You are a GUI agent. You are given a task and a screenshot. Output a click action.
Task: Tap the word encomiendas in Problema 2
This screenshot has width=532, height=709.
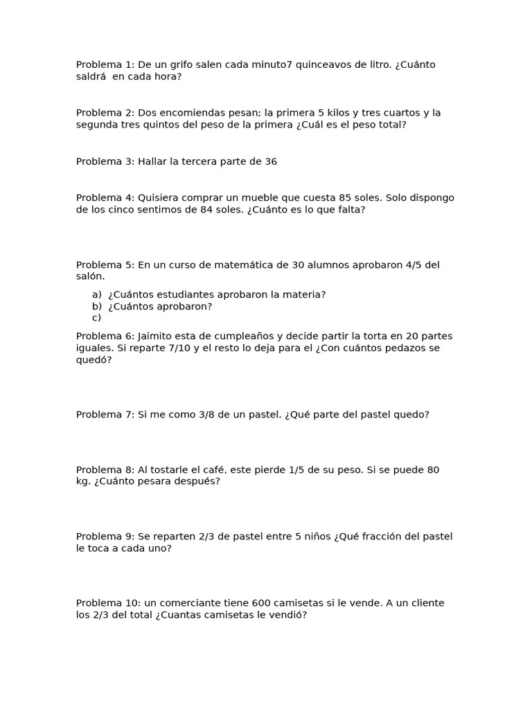(195, 113)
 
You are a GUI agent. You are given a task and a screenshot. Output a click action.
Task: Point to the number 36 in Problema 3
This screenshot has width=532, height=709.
(271, 161)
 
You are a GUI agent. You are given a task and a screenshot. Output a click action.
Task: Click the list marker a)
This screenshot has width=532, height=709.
(97, 295)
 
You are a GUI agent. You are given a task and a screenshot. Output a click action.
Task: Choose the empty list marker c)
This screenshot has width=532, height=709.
(97, 318)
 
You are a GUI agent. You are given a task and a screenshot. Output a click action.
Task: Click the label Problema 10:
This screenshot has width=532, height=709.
(109, 603)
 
